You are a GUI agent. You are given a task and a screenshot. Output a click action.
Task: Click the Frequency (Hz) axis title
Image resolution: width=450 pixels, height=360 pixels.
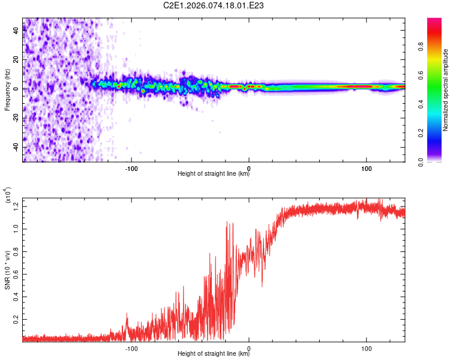pyautogui.click(x=8, y=90)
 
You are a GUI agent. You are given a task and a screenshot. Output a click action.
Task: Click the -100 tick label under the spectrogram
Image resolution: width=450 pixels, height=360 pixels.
pyautogui.click(x=131, y=167)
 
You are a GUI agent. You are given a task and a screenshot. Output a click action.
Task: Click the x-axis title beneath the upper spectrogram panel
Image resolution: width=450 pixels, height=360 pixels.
pyautogui.click(x=214, y=174)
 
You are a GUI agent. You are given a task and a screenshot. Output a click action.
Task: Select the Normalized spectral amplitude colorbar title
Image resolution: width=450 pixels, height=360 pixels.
pyautogui.click(x=446, y=90)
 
